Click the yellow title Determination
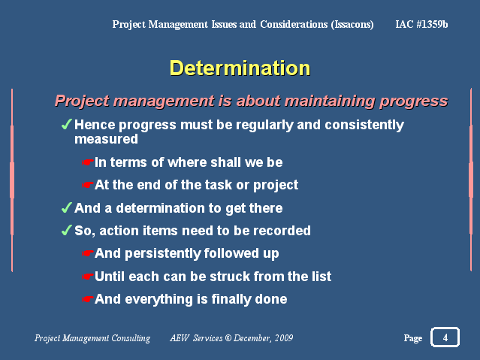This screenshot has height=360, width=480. tap(240, 68)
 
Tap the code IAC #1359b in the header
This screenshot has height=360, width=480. tap(421, 24)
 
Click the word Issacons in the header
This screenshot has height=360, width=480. tap(352, 24)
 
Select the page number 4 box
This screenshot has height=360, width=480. tap(445, 337)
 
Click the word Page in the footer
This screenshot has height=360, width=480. tap(413, 338)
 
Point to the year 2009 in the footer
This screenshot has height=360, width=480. tap(284, 338)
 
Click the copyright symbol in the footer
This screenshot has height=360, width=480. tap(228, 338)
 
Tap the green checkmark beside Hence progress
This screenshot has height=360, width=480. tap(66, 125)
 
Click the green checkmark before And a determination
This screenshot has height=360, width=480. tap(66, 207)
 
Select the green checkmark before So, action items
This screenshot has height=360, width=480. tap(66, 231)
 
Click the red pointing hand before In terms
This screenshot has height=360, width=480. tap(87, 162)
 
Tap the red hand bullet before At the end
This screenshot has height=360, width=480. tap(87, 185)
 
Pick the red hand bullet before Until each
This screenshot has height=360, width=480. tap(87, 277)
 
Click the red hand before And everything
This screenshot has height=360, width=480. tap(87, 299)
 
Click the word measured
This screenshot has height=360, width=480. tap(106, 139)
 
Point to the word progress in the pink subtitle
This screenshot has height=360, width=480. tap(414, 101)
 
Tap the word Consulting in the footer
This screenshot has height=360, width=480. tap(131, 338)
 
